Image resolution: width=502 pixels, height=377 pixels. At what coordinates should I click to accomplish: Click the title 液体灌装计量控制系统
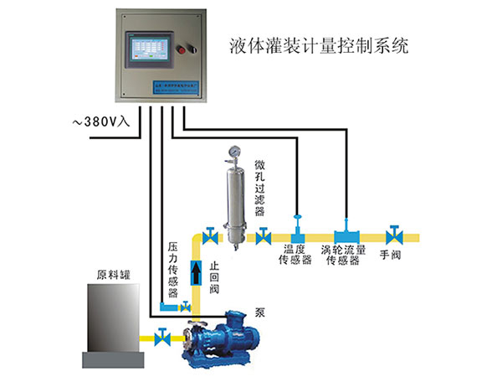(x=317, y=46)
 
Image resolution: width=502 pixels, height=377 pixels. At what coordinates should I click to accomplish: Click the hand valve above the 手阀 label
(x=392, y=234)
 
